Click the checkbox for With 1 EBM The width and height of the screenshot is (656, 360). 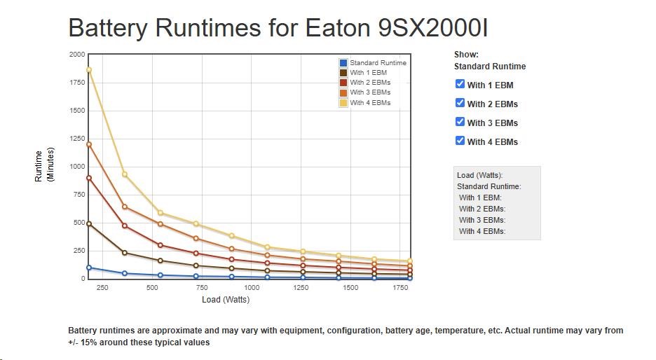pos(460,84)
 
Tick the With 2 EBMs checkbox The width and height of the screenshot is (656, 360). pos(460,103)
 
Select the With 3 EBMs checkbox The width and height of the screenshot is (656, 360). pos(460,122)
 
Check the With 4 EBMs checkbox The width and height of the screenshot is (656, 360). pos(460,141)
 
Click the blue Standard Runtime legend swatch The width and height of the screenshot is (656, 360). pos(343,63)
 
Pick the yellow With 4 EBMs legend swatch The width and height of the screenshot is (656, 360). pos(343,103)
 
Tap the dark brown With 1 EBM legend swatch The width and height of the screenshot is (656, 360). pos(343,73)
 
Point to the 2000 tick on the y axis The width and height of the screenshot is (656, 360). pos(77,55)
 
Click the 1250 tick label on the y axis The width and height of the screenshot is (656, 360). pos(77,139)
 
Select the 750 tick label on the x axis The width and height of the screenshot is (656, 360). pos(202,288)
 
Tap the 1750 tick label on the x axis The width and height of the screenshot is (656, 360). pos(400,288)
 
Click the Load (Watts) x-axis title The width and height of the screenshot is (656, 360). pos(226,299)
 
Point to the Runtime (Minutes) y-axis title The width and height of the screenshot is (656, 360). pos(44,165)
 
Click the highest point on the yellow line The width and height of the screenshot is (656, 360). pos(89,70)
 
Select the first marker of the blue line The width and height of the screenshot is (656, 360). pos(89,268)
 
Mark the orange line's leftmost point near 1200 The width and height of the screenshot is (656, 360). pos(89,145)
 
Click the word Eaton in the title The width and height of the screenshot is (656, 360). pos(338,28)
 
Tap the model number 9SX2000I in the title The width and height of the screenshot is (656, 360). pos(433,28)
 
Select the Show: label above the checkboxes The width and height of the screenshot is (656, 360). pos(466,55)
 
